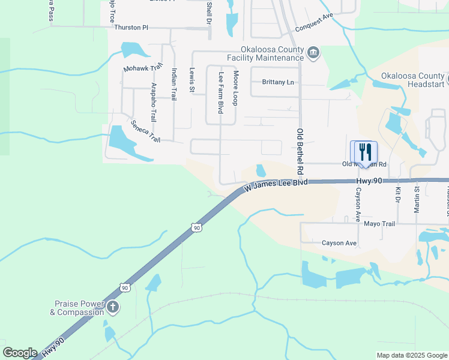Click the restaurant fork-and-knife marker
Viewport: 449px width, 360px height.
[x=364, y=152]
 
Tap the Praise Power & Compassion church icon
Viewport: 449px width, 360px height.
[x=113, y=308]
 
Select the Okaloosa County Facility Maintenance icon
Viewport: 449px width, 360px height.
[x=313, y=53]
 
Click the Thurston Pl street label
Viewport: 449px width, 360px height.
[x=131, y=28]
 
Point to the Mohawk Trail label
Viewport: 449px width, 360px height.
[x=143, y=68]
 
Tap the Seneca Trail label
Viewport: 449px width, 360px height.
[x=146, y=131]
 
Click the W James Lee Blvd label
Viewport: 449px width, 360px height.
[x=276, y=186]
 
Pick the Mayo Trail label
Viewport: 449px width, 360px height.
[x=379, y=224]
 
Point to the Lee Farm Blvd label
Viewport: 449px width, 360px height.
[x=221, y=93]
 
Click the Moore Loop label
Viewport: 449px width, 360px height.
[x=236, y=88]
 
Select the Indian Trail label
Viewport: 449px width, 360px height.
[x=173, y=85]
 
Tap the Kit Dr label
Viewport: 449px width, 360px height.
[x=397, y=195]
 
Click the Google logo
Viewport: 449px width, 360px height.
[x=20, y=353]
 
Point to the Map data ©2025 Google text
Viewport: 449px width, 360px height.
[x=412, y=355]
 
